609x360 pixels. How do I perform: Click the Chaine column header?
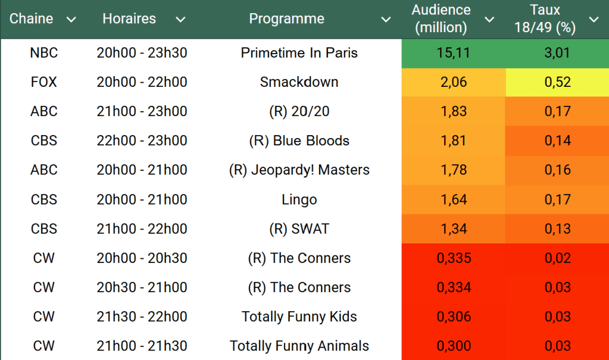(32, 19)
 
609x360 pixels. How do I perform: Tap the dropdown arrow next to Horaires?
(180, 20)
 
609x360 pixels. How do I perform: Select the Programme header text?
(286, 19)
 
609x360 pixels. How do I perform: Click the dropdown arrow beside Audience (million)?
(489, 20)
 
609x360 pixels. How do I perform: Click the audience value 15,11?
(453, 53)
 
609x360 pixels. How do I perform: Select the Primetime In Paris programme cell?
(299, 53)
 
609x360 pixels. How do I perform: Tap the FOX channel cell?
(44, 82)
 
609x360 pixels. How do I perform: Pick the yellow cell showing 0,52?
(557, 82)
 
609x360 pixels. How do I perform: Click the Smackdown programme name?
(299, 82)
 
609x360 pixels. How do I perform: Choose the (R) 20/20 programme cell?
(299, 111)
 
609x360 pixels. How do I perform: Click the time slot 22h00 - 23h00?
(142, 140)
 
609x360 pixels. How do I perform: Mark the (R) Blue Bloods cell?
(299, 140)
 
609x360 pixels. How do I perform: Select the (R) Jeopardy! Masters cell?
(299, 170)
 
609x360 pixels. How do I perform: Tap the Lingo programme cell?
(299, 199)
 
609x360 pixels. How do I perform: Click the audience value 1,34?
(453, 228)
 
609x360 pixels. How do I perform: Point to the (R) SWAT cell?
(299, 228)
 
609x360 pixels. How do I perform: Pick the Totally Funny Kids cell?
(299, 317)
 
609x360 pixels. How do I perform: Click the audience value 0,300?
(453, 346)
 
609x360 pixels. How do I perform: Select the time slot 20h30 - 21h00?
(142, 287)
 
